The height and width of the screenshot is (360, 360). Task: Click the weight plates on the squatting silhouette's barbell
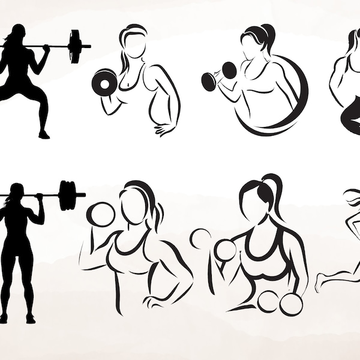[75, 46]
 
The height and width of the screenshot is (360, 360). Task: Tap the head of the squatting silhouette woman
[18, 34]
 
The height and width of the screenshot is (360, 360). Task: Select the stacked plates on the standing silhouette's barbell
[71, 194]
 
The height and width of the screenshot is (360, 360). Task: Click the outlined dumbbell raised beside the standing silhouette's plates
[101, 214]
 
